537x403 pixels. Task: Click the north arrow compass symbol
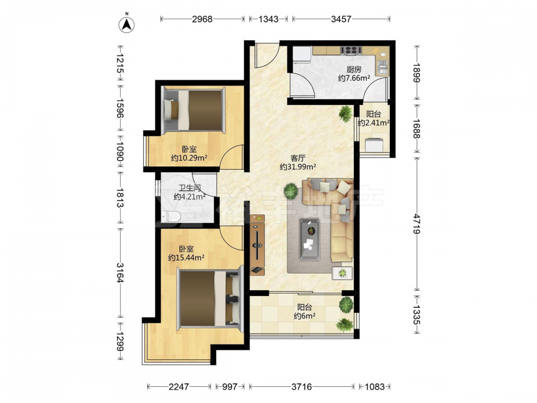click(126, 24)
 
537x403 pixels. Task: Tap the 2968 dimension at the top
click(202, 19)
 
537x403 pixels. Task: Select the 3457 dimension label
click(341, 19)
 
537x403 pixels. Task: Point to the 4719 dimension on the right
click(417, 224)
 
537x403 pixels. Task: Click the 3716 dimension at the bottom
click(302, 387)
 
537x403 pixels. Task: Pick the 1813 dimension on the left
click(120, 198)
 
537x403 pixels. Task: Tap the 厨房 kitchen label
click(354, 69)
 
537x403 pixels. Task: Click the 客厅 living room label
click(297, 158)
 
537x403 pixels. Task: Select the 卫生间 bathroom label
click(190, 188)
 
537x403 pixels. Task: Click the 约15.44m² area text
click(186, 257)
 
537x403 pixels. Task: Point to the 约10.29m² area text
click(189, 158)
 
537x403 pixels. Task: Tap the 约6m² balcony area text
click(304, 316)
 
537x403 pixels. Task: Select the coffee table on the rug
click(310, 239)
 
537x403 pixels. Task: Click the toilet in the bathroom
click(172, 217)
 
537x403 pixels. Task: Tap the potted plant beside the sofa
click(291, 191)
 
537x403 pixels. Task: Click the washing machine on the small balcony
click(374, 145)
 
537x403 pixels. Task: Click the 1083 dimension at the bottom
click(374, 387)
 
